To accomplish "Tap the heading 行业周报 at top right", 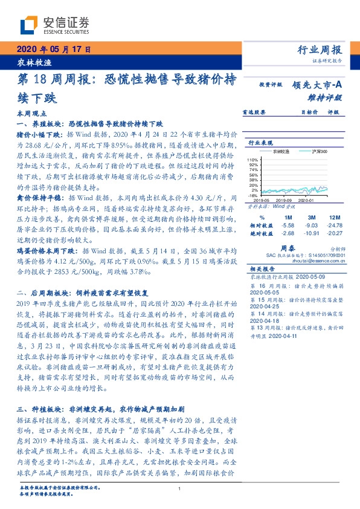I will click(x=320, y=50).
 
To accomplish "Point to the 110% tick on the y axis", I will click(x=252, y=159).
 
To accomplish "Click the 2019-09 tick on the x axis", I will click(x=284, y=199).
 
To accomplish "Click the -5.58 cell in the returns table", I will click(x=286, y=224).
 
